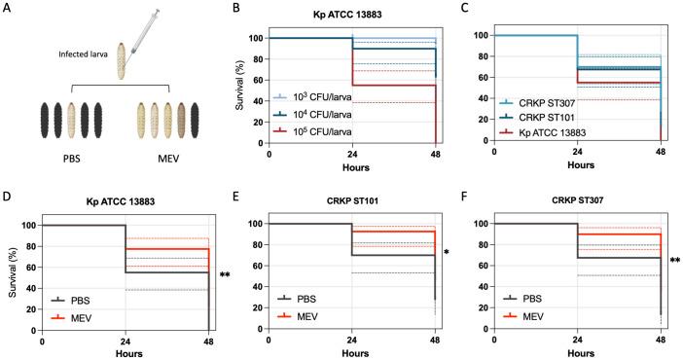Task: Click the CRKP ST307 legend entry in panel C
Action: tap(552, 101)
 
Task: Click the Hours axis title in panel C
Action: tap(578, 163)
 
